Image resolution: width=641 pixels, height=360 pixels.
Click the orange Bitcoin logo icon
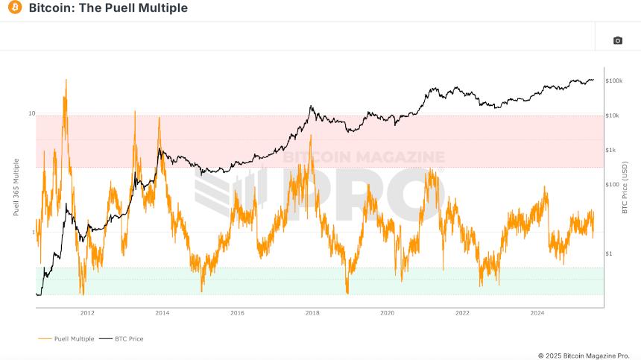(x=14, y=8)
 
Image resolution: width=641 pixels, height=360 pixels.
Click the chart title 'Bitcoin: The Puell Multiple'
(x=108, y=8)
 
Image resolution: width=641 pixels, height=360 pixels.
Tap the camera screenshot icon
(x=617, y=40)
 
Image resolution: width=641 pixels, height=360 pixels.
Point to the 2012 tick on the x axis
(x=87, y=313)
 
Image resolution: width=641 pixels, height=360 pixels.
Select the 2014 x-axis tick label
(x=162, y=313)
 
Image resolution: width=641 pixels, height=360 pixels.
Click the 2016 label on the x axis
(x=237, y=313)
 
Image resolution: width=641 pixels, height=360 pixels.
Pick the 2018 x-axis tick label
(x=312, y=313)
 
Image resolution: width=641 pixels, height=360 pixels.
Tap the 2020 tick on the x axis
(x=387, y=313)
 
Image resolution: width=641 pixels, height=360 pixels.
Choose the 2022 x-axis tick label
(x=462, y=313)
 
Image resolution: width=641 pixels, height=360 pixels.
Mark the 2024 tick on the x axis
(x=537, y=313)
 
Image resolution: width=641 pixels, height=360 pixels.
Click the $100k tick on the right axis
(x=613, y=80)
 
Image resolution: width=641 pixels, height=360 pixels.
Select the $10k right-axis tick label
(x=612, y=116)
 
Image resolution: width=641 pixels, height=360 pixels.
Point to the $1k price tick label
(x=610, y=150)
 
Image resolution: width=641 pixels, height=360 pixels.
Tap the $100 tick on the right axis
(x=611, y=184)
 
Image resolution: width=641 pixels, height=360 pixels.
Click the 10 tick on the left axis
(x=31, y=114)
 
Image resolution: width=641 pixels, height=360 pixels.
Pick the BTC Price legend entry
(x=127, y=338)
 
